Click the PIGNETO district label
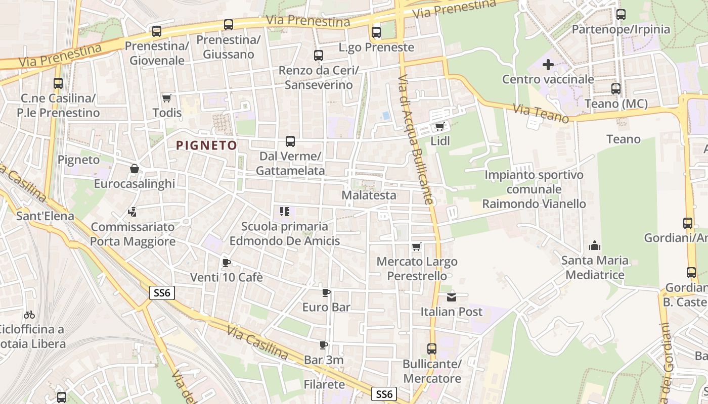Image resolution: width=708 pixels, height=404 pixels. click(x=206, y=145)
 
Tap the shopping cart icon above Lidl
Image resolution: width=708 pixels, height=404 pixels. click(x=439, y=126)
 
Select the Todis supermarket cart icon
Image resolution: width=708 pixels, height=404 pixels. click(x=166, y=98)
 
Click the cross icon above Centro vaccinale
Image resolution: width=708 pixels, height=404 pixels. click(x=548, y=65)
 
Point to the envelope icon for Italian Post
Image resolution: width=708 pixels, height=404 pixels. click(x=452, y=297)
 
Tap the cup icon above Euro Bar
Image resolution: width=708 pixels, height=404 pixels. click(x=326, y=292)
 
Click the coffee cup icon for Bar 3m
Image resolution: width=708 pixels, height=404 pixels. click(x=324, y=345)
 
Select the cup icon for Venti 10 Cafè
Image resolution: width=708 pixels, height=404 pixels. click(x=226, y=263)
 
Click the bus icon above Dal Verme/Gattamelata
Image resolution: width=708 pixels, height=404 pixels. click(x=290, y=141)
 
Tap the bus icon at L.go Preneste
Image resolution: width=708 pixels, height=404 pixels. click(x=376, y=32)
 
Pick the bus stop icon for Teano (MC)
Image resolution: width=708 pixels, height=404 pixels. click(x=616, y=89)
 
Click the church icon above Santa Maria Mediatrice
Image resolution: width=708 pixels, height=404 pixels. click(x=595, y=246)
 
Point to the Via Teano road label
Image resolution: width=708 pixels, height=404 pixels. click(x=541, y=113)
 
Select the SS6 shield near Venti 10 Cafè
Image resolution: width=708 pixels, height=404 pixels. click(x=162, y=293)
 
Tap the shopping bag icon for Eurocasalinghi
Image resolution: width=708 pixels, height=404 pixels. click(x=135, y=169)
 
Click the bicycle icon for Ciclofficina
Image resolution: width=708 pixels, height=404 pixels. click(x=29, y=315)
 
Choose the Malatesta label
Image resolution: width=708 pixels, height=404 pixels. click(x=369, y=195)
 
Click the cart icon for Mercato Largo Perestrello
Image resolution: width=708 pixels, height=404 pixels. click(x=417, y=247)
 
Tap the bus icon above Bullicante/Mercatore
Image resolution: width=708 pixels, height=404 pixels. click(x=432, y=348)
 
